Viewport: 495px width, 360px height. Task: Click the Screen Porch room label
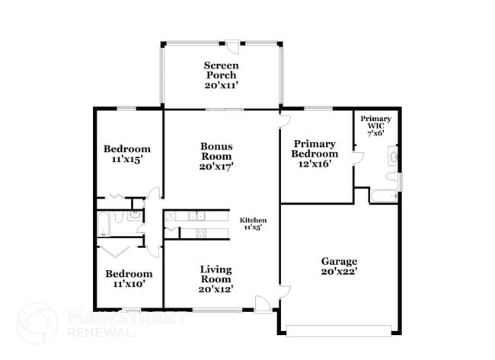[x=221, y=75]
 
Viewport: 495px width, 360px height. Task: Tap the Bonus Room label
[x=216, y=155]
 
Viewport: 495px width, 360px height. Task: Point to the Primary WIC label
[x=375, y=126]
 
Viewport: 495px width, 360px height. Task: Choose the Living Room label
[x=216, y=279]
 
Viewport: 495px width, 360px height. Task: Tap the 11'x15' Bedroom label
[x=127, y=155]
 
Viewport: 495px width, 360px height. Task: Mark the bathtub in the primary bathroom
[x=383, y=196]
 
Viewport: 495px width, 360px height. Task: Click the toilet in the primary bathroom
[x=391, y=177]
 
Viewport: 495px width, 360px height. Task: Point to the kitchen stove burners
[x=201, y=233]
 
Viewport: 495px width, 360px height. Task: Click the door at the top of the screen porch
[x=236, y=46]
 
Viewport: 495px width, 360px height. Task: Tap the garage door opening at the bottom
[x=340, y=330]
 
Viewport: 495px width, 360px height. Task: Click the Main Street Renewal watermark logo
[x=37, y=323]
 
